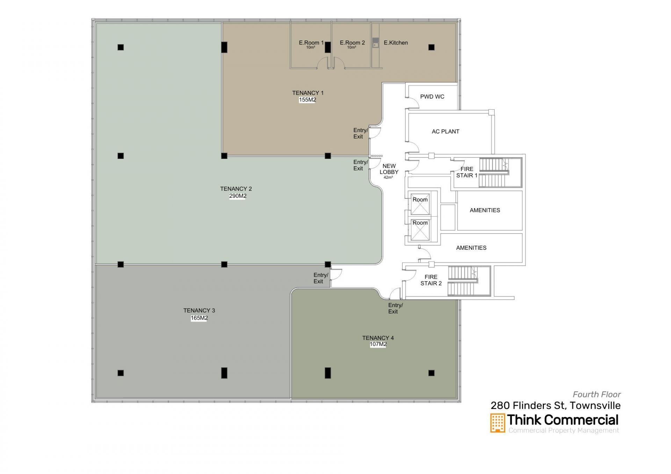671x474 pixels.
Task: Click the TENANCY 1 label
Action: tap(308, 93)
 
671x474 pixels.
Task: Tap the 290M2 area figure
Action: tap(238, 196)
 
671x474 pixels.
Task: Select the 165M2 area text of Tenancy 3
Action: tap(199, 318)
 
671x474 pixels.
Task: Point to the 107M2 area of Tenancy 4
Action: tap(378, 344)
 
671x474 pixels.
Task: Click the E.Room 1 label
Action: tap(311, 43)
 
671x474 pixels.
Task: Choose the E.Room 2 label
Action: tap(352, 43)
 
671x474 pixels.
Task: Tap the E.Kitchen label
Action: tap(396, 43)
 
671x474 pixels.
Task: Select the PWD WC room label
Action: tap(432, 96)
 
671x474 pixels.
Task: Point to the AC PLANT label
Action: tap(445, 131)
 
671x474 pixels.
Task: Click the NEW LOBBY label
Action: tap(389, 169)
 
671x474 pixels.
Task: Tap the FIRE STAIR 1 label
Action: tap(467, 172)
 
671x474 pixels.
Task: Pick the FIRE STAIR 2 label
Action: tap(431, 280)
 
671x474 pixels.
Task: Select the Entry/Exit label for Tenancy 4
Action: tap(395, 308)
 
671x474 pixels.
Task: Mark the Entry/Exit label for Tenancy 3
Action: tap(320, 278)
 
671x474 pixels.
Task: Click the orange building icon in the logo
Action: tap(498, 423)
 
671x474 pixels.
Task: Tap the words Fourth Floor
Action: tap(597, 394)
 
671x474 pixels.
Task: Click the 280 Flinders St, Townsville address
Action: tap(556, 405)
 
